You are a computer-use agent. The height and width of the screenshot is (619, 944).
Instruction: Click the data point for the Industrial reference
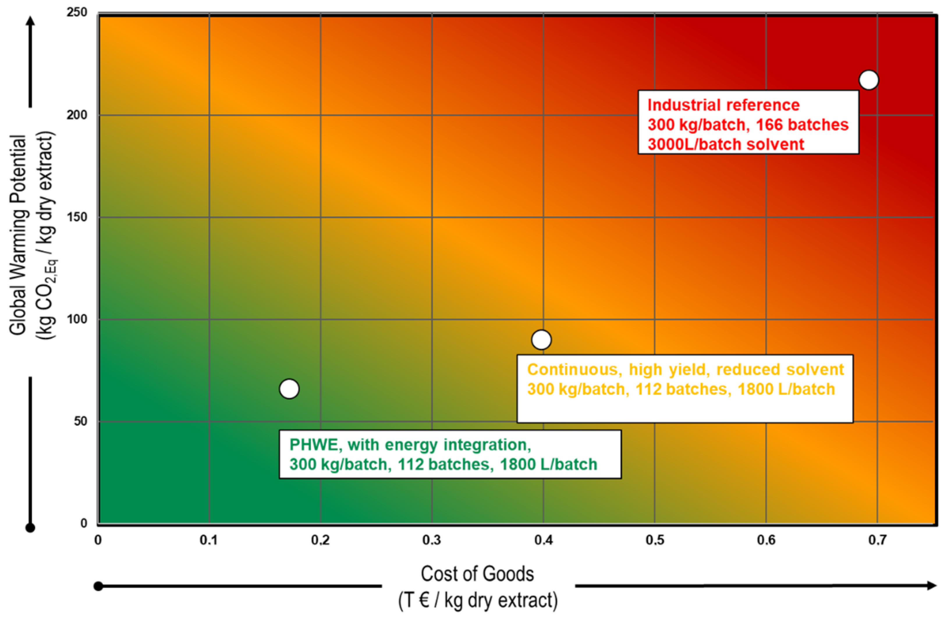pyautogui.click(x=869, y=80)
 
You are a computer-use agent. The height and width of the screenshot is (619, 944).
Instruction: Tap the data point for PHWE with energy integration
pyautogui.click(x=289, y=389)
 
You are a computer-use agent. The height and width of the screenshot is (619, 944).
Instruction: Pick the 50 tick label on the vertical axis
pyautogui.click(x=81, y=421)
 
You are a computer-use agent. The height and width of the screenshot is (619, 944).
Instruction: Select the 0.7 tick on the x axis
pyautogui.click(x=877, y=540)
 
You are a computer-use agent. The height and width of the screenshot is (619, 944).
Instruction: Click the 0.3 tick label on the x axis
pyautogui.click(x=432, y=540)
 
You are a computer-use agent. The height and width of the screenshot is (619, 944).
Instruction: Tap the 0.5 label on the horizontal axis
pyautogui.click(x=654, y=540)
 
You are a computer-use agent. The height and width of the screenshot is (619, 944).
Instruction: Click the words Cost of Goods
pyautogui.click(x=477, y=574)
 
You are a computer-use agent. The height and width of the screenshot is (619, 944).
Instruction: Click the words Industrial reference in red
pyautogui.click(x=723, y=105)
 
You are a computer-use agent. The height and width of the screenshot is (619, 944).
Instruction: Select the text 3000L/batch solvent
pyautogui.click(x=726, y=144)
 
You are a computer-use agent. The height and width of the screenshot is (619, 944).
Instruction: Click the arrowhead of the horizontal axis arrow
pyautogui.click(x=932, y=586)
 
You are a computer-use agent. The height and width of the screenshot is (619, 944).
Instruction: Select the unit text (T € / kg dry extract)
pyautogui.click(x=478, y=600)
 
